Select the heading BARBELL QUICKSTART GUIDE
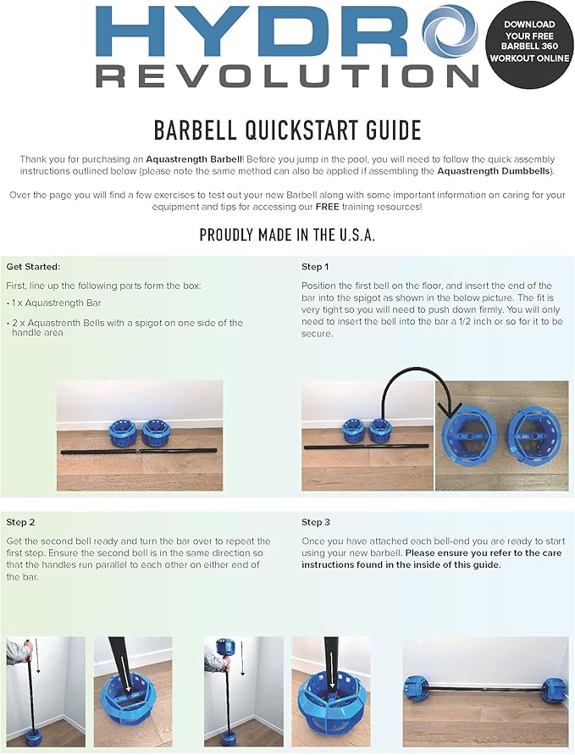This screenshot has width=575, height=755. click(x=287, y=130)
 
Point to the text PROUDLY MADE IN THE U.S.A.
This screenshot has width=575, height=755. click(x=287, y=235)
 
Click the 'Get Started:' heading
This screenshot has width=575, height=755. click(x=33, y=266)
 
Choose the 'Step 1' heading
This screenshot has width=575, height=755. click(x=316, y=266)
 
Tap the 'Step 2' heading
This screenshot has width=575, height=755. click(x=20, y=522)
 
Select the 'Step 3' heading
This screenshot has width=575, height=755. click(x=316, y=522)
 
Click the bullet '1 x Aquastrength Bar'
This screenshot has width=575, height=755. click(x=51, y=303)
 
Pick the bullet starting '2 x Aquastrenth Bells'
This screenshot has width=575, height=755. click(x=127, y=323)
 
